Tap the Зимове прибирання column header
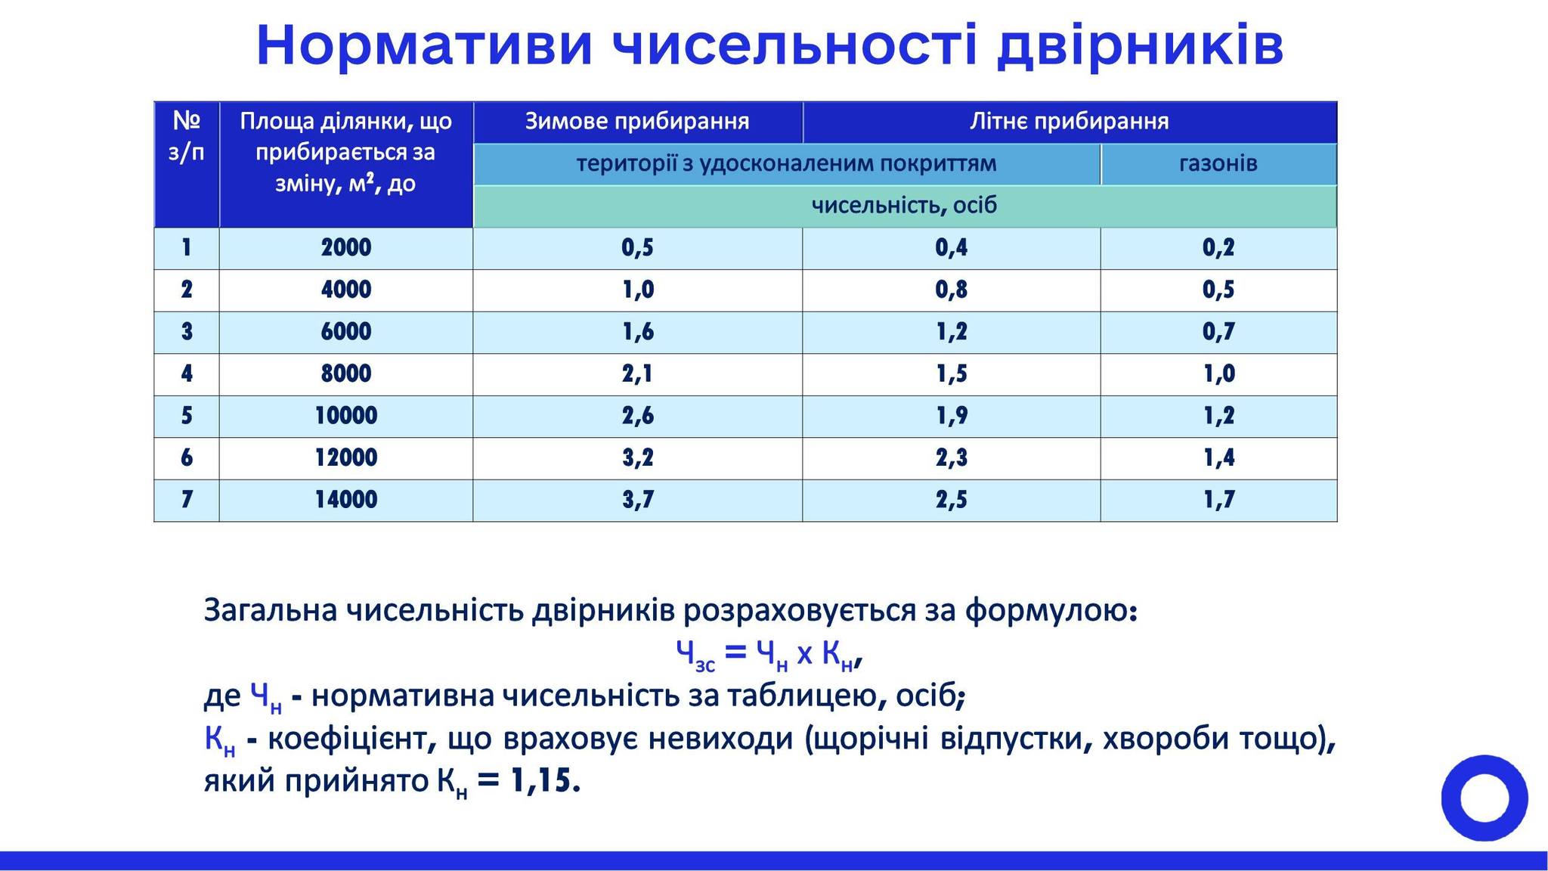click(637, 122)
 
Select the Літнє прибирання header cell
click(1070, 122)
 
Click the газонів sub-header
click(1218, 164)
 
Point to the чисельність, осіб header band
click(905, 206)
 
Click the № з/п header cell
click(187, 164)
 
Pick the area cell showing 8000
click(346, 374)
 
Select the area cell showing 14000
click(346, 500)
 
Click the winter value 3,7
click(637, 500)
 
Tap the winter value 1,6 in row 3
click(637, 332)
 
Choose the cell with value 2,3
click(951, 458)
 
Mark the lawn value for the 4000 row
click(1218, 290)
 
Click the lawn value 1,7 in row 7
click(1218, 500)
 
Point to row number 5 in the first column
click(187, 416)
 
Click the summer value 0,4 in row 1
click(951, 248)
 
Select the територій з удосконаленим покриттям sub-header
click(786, 164)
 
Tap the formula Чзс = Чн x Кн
click(769, 655)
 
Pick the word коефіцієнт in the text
click(346, 739)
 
